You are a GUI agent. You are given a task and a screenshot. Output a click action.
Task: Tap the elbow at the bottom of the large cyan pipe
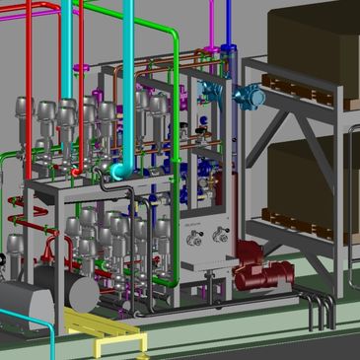click(121, 172)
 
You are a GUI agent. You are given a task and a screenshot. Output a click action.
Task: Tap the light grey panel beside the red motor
click(207, 252)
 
